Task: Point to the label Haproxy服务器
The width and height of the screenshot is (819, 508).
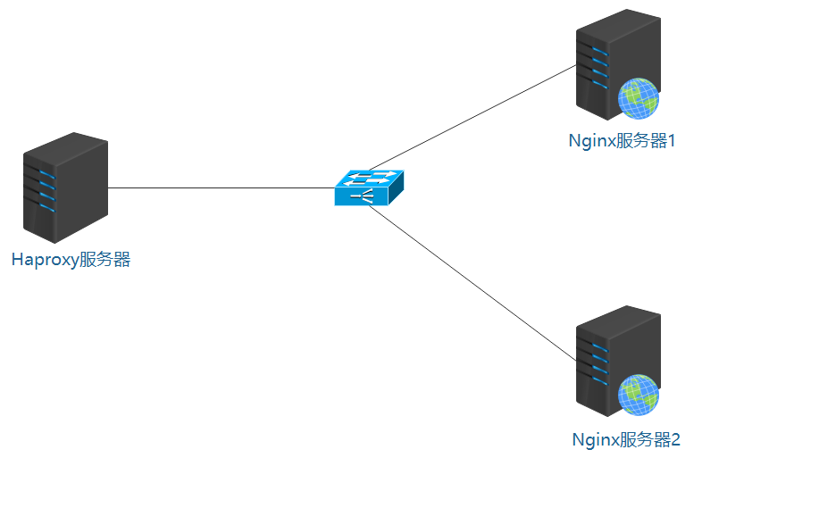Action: click(71, 260)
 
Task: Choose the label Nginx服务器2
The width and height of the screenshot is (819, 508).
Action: click(625, 439)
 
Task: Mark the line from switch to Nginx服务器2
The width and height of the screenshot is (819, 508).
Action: click(473, 284)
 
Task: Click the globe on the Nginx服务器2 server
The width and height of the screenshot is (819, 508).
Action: click(639, 395)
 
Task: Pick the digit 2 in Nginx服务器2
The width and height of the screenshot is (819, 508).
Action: click(675, 439)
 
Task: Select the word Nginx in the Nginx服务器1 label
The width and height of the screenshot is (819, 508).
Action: click(589, 140)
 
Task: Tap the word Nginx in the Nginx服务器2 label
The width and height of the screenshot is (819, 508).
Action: click(594, 439)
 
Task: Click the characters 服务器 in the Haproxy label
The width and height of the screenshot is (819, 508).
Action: click(104, 260)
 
